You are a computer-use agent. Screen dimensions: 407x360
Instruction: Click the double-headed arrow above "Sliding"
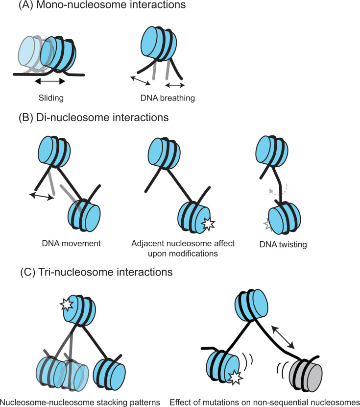click(45, 80)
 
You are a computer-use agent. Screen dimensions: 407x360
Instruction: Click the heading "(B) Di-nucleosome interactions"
click(91, 118)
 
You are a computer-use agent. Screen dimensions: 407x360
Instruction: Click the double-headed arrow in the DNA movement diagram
click(40, 196)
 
